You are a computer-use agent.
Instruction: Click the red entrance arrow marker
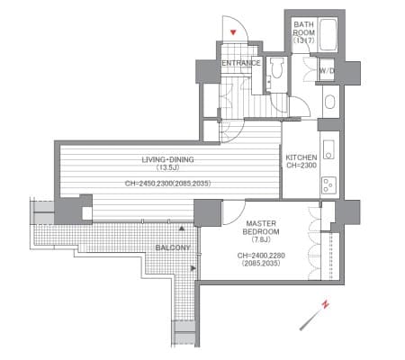(x=233, y=32)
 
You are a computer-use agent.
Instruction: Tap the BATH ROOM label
(x=303, y=29)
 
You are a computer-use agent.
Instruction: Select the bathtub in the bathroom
(x=328, y=34)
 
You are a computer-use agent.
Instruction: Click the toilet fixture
(x=276, y=67)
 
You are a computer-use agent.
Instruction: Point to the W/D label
(x=327, y=71)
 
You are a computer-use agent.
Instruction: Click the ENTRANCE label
(x=241, y=63)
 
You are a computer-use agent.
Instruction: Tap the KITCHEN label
(x=301, y=157)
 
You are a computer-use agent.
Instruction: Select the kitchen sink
(x=328, y=149)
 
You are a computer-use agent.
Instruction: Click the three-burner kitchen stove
(x=328, y=184)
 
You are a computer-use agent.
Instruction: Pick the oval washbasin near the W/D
(x=329, y=102)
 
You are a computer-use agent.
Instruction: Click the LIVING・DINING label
(x=167, y=159)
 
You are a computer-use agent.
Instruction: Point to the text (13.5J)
(x=167, y=167)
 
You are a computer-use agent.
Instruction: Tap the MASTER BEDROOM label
(x=261, y=228)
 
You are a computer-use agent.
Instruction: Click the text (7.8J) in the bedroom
(x=261, y=239)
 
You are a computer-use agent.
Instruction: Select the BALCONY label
(x=173, y=247)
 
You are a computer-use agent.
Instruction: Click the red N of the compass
(x=325, y=304)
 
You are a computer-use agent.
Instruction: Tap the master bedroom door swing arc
(x=240, y=216)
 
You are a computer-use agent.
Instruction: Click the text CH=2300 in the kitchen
(x=301, y=166)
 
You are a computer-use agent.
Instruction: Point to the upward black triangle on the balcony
(x=182, y=229)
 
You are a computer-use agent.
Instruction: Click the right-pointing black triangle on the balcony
(x=193, y=268)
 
